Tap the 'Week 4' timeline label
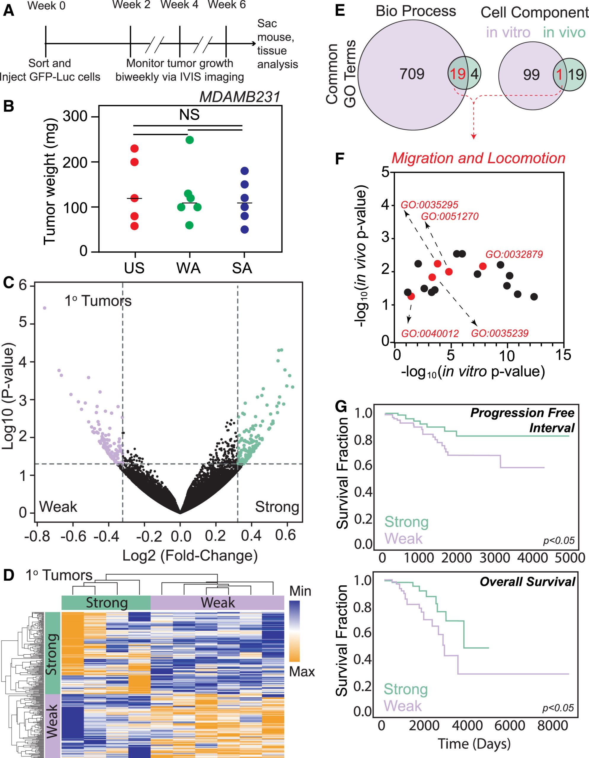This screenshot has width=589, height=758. (179, 4)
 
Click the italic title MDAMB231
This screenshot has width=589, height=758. (240, 97)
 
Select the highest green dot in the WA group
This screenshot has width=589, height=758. (189, 140)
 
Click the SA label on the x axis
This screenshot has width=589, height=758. (242, 268)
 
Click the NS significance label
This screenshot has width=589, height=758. (189, 115)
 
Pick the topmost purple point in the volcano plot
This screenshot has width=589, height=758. (44, 308)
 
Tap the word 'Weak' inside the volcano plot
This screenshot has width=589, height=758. (58, 507)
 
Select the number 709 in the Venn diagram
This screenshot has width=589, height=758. (412, 74)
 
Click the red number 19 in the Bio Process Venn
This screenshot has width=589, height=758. (458, 74)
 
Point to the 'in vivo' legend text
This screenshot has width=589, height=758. (564, 33)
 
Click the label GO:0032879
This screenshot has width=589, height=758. (514, 254)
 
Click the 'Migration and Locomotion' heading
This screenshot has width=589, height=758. (478, 158)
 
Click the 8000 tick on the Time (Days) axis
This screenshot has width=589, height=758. (553, 726)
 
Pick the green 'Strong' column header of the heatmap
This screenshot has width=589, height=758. (107, 603)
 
